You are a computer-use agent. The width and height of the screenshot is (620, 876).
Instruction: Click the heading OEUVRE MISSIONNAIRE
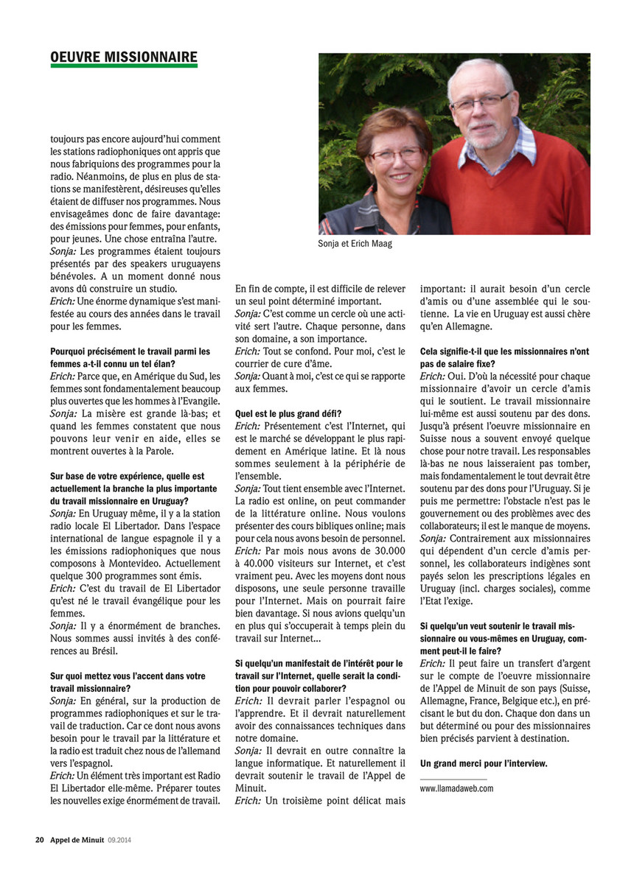tap(123, 57)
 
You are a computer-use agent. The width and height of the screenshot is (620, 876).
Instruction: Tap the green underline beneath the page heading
tap(123, 66)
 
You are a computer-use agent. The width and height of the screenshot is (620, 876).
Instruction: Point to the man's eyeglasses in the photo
tap(481, 101)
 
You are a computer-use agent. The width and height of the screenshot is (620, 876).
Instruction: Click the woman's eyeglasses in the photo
tap(396, 155)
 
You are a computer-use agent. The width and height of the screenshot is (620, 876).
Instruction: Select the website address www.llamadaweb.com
tap(456, 788)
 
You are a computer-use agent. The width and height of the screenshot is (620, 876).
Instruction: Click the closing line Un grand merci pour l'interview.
tap(484, 763)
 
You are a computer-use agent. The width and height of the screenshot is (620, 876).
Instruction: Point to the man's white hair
tap(479, 72)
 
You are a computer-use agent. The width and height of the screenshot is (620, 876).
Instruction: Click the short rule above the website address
tap(453, 778)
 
